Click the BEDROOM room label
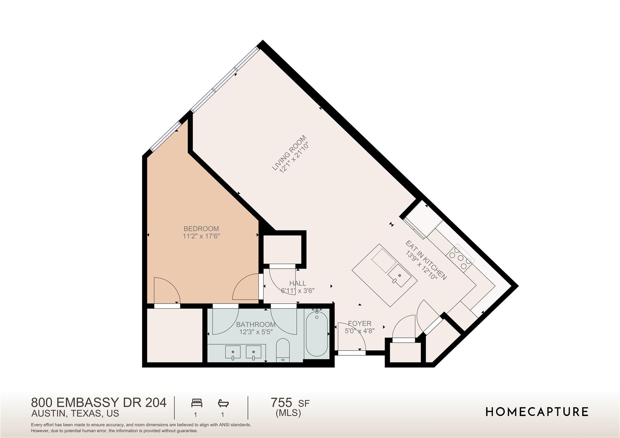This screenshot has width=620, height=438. click(201, 229)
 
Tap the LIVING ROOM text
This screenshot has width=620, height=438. click(289, 153)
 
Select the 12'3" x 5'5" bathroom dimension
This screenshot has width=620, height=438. click(256, 332)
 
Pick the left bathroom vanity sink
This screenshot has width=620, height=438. click(233, 352)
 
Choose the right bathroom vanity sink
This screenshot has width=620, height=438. click(253, 352)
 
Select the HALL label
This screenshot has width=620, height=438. click(298, 283)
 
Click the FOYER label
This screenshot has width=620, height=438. click(360, 324)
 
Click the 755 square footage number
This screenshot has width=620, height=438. click(281, 403)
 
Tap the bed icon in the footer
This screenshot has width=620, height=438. click(196, 403)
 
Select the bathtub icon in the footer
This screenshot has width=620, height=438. click(223, 403)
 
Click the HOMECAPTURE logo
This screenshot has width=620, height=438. click(537, 412)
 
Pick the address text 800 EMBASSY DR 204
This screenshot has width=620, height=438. click(99, 403)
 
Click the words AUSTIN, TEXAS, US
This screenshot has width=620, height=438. click(75, 413)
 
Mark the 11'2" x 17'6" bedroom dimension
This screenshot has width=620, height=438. click(201, 236)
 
